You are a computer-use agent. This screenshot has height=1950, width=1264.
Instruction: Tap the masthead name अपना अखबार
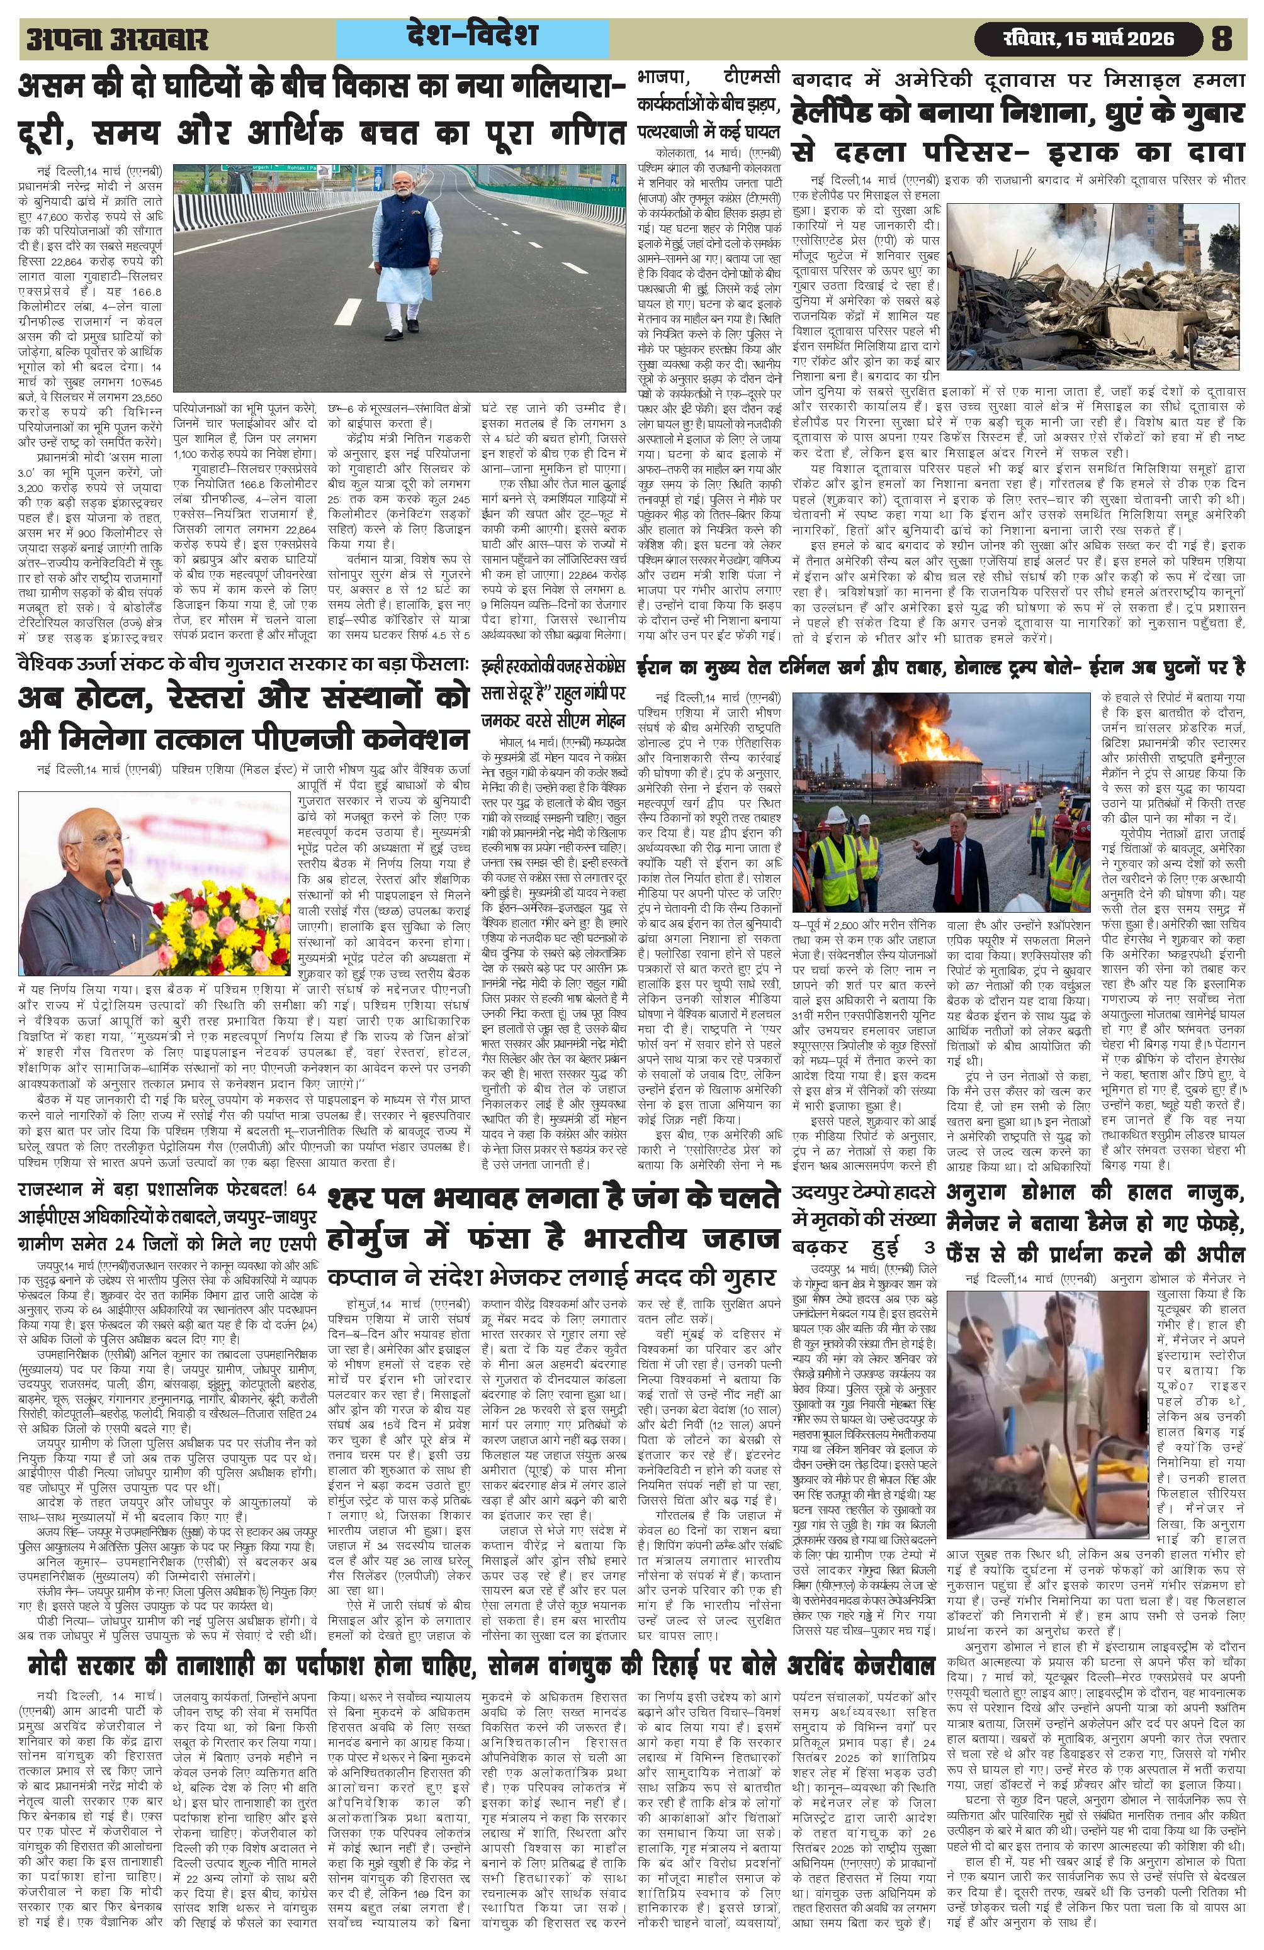pyautogui.click(x=117, y=38)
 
